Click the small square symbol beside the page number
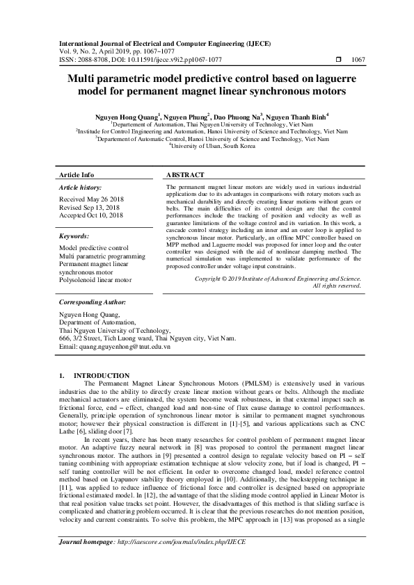pyautogui.click(x=339, y=60)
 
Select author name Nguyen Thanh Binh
pyautogui.click(x=295, y=116)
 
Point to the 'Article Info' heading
pyautogui.click(x=77, y=175)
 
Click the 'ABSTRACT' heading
pyautogui.click(x=186, y=175)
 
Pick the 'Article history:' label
pyautogui.click(x=80, y=188)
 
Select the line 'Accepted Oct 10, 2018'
pyautogui.click(x=90, y=215)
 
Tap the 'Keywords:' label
pyautogui.click(x=74, y=236)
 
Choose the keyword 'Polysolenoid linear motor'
pyautogui.click(x=95, y=280)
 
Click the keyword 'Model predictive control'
pyautogui.click(x=93, y=248)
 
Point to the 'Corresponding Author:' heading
pyautogui.click(x=92, y=303)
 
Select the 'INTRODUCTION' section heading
pyautogui.click(x=102, y=375)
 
